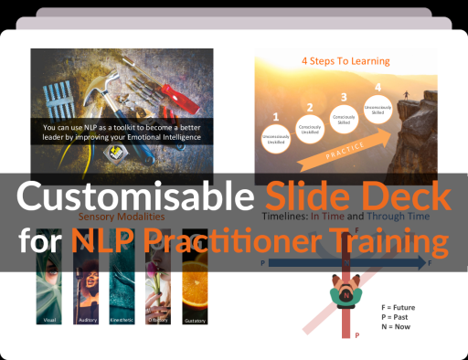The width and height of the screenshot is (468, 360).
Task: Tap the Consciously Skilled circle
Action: pos(344,120)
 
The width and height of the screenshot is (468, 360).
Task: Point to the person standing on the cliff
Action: pos(405,95)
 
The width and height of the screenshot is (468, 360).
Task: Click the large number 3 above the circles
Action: pos(344,97)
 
